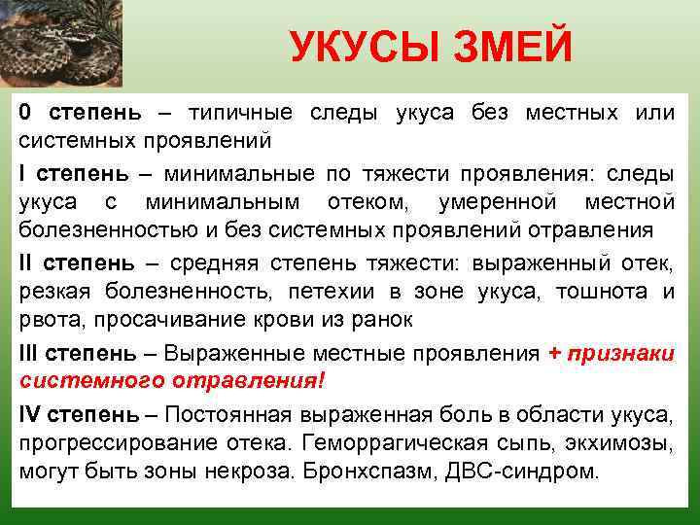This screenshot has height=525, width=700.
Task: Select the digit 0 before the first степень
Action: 24,113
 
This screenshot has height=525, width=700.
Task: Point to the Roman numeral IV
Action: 29,415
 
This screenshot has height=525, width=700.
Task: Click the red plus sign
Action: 554,355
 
